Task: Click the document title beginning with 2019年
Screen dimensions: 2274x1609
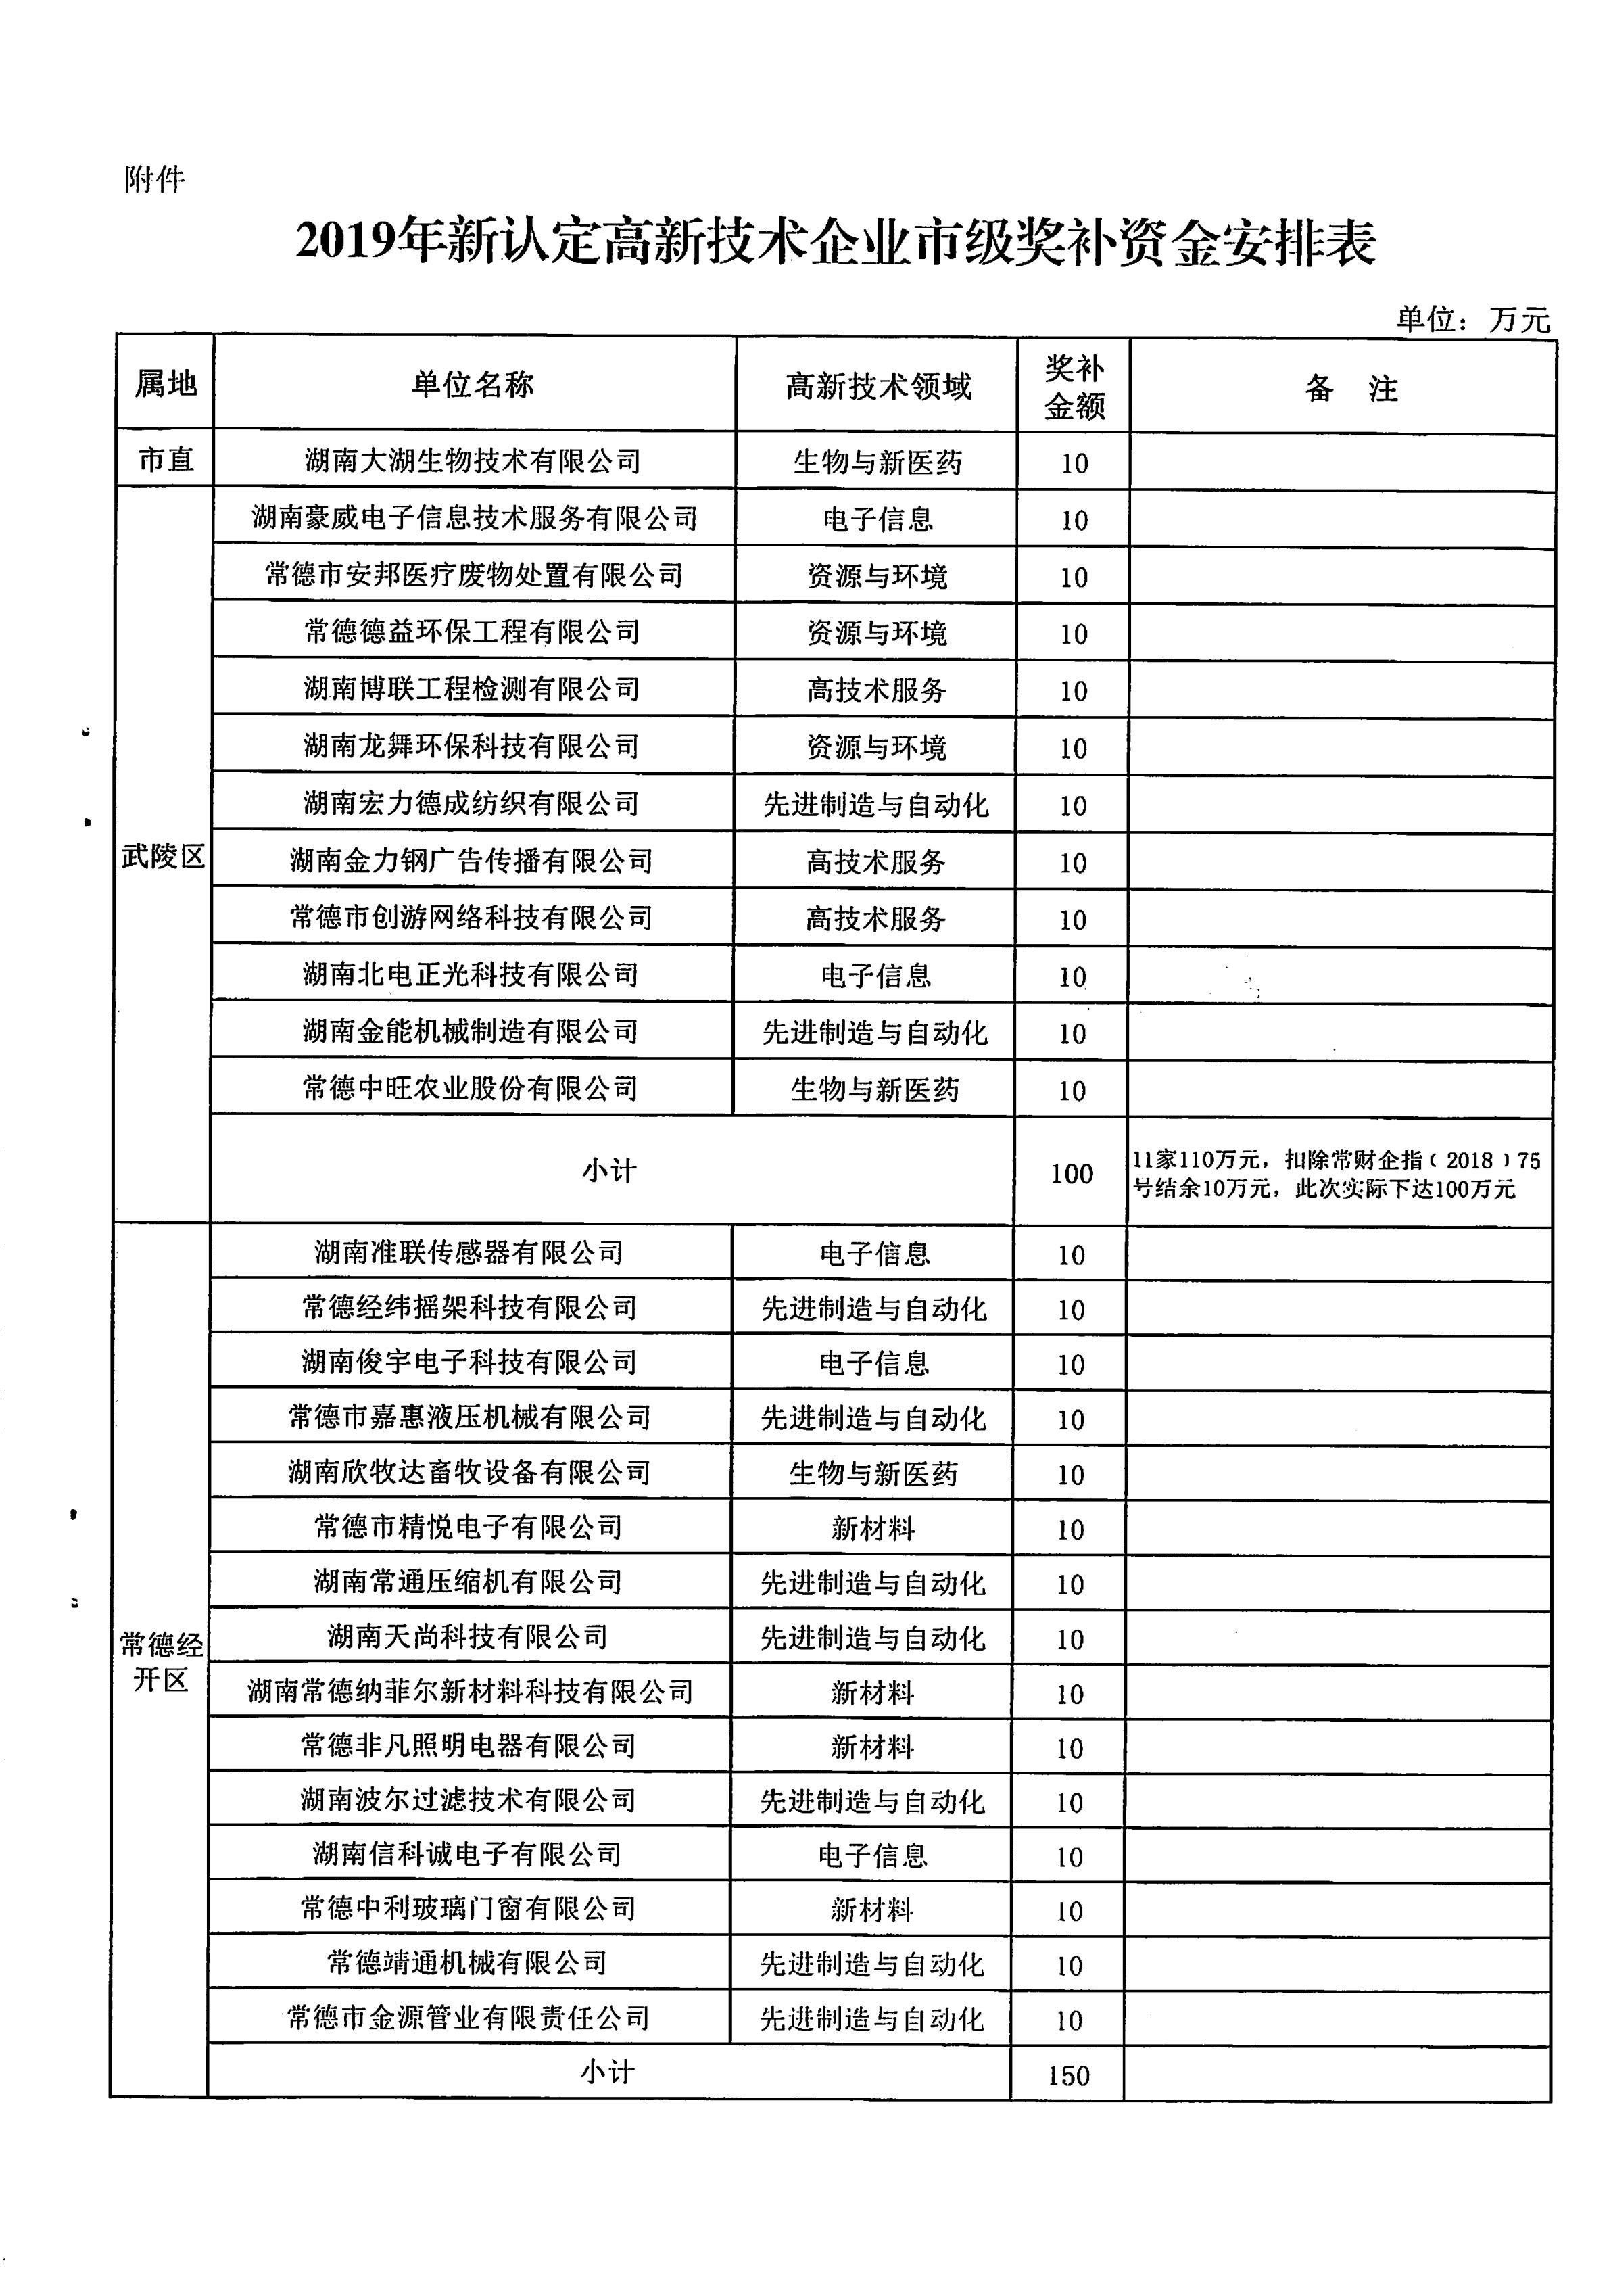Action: point(835,243)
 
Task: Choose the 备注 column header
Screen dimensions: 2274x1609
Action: point(1351,388)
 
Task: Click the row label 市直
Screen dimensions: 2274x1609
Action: point(166,460)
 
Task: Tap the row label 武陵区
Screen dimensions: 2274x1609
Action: point(164,856)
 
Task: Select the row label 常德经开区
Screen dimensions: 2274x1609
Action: point(160,1661)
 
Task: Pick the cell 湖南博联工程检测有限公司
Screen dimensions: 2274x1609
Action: point(472,688)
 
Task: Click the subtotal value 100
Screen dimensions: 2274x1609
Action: point(1071,1174)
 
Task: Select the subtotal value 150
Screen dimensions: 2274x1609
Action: point(1068,2076)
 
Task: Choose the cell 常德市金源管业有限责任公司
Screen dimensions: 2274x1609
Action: point(469,2018)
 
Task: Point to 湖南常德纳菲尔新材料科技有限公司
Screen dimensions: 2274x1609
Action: point(470,1691)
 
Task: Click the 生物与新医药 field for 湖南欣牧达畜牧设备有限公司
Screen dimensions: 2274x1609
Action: point(873,1474)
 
